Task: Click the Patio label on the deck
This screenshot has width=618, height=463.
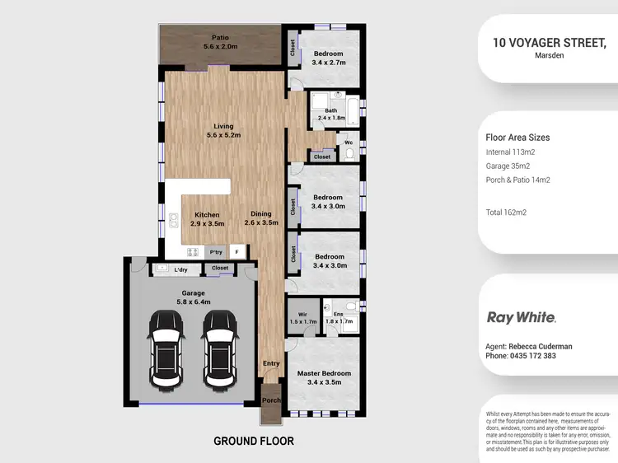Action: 220,42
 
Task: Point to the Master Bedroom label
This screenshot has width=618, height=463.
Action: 324,378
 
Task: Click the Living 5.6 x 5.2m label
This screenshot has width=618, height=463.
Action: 220,131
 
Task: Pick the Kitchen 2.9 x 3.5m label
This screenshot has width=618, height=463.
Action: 207,219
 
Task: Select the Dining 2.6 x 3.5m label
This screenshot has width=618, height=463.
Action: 265,219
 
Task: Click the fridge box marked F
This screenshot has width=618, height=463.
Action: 237,252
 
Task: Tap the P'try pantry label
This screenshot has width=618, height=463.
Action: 216,252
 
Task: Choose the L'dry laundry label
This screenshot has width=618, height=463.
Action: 181,269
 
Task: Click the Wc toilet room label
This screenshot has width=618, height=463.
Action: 348,141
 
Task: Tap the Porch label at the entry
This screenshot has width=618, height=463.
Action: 271,400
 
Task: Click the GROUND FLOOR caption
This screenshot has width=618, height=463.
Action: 254,441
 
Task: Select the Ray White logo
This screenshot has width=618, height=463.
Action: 522,317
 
